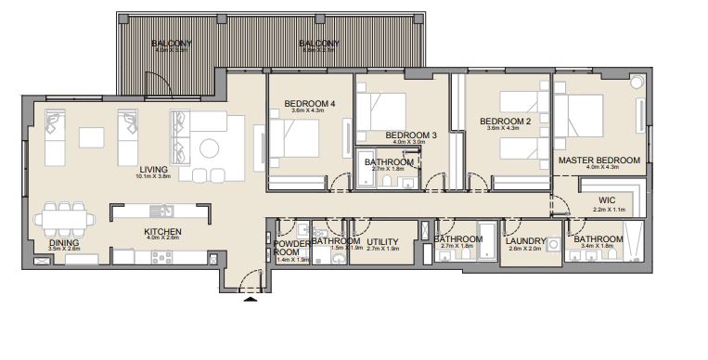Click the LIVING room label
click(153, 170)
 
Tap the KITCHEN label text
click(161, 231)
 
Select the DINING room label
click(63, 243)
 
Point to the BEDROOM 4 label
click(310, 103)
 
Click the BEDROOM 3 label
click(410, 135)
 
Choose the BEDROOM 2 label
click(505, 122)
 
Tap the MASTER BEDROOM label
click(599, 161)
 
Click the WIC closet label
click(607, 199)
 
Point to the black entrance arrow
click(249, 299)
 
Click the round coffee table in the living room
click(210, 147)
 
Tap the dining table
click(65, 220)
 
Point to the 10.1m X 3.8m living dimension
click(153, 178)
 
